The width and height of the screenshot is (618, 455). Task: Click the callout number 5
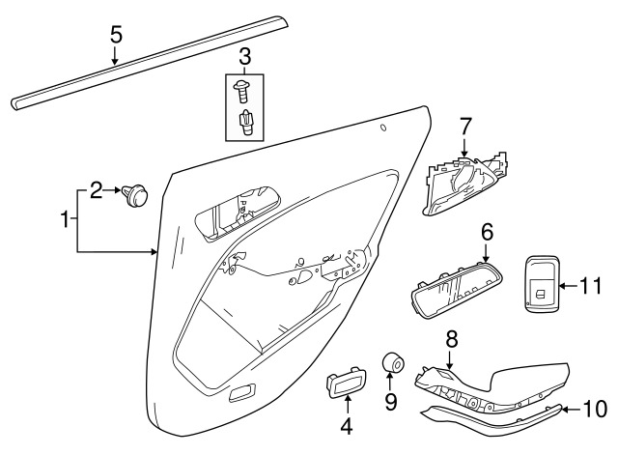[116, 35]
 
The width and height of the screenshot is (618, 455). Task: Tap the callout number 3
[244, 56]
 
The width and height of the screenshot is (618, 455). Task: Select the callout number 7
[464, 125]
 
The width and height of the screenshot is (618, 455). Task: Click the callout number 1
[66, 220]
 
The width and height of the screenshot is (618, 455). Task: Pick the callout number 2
[97, 190]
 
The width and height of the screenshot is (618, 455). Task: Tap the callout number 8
[450, 339]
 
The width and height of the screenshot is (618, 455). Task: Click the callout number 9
[391, 400]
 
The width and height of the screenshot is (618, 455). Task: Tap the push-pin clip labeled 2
[136, 197]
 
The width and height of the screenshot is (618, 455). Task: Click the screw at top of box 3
[243, 92]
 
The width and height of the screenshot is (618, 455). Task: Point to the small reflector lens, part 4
[346, 387]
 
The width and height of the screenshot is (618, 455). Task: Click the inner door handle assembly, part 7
[463, 185]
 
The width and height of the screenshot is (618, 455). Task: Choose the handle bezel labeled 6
[452, 290]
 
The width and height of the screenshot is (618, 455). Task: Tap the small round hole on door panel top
[383, 128]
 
